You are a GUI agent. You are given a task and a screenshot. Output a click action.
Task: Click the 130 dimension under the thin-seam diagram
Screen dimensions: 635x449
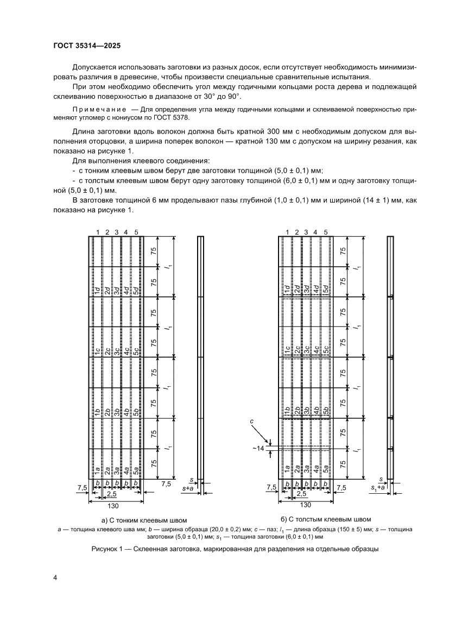point(112,506)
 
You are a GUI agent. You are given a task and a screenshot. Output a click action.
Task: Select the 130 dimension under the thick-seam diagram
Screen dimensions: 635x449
point(306,505)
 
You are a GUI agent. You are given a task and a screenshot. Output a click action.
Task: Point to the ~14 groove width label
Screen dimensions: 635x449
point(258,448)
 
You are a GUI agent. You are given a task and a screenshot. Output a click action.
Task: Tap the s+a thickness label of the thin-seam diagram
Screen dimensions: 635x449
point(189,489)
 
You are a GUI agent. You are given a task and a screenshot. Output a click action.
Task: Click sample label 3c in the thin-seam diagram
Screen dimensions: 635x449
point(117,350)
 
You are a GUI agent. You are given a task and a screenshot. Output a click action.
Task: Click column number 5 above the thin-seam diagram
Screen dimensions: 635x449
point(136,232)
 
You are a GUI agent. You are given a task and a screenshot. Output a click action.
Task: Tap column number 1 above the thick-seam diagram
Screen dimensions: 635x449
point(287,232)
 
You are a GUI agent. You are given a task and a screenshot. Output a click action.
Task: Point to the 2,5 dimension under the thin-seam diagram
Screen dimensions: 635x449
point(111,494)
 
